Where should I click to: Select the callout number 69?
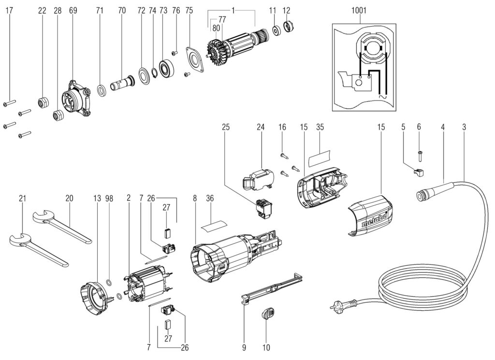(73, 10)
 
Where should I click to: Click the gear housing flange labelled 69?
(74, 99)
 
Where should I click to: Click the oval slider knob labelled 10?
(267, 314)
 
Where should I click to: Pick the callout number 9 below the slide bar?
(245, 347)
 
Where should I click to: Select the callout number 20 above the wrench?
(69, 198)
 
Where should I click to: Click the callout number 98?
(109, 198)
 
